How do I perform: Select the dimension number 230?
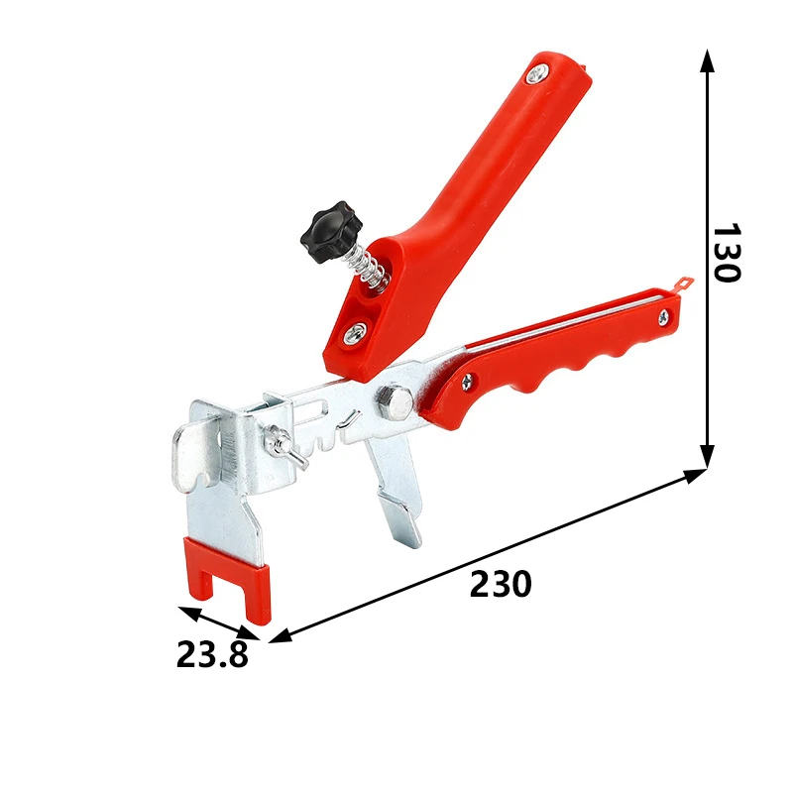coord(500,585)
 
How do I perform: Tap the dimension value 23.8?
coord(212,654)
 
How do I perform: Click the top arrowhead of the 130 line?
coord(707,59)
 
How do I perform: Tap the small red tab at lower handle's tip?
coord(684,283)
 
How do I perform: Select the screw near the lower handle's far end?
coord(662,317)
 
